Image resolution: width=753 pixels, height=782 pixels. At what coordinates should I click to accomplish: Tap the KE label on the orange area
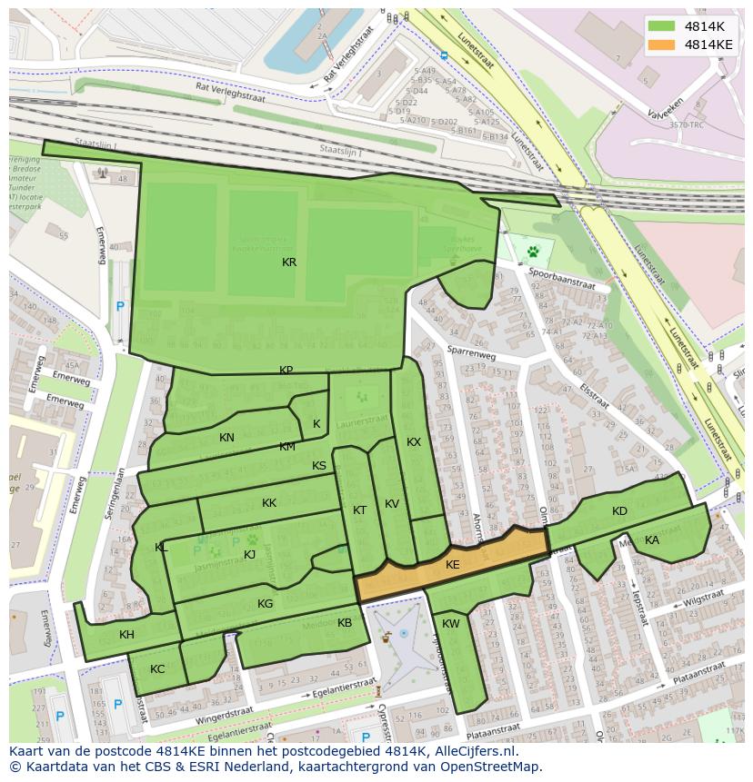pos(453,565)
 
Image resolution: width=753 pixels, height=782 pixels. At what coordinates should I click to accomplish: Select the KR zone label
pos(289,262)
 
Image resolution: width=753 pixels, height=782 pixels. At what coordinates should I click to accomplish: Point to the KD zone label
pos(619,511)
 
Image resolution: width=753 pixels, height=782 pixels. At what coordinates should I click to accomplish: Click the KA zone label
pos(652,540)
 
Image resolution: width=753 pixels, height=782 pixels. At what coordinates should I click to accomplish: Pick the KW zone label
pos(451,624)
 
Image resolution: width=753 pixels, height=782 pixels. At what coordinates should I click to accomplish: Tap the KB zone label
pos(345,623)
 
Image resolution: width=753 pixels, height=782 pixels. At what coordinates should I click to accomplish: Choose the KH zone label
pos(126,635)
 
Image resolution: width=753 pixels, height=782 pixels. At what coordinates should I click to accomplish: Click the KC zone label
pos(157,669)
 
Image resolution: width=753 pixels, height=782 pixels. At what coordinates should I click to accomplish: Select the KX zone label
pos(414,442)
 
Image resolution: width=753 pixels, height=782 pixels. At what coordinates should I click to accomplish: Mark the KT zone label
pos(359,510)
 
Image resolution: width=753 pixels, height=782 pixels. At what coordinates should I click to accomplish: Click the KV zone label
pos(392,504)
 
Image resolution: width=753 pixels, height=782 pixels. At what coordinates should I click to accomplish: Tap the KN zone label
pos(226,438)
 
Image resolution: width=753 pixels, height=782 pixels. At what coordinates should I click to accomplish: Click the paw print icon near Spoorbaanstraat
pos(533,250)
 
